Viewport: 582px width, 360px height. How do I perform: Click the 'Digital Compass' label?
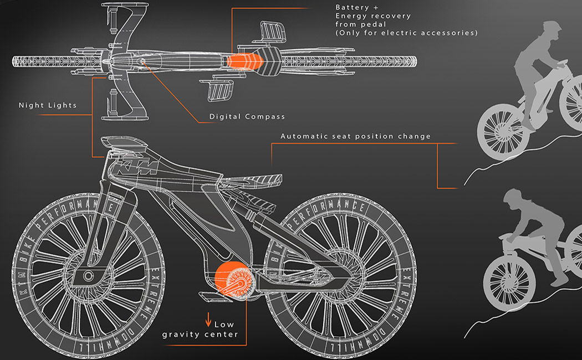[247, 117]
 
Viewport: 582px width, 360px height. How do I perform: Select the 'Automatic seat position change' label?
[355, 136]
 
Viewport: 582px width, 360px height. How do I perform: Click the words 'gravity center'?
[200, 334]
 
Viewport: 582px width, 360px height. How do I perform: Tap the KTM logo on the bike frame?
[136, 167]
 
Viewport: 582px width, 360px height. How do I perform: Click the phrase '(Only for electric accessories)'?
[406, 33]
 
